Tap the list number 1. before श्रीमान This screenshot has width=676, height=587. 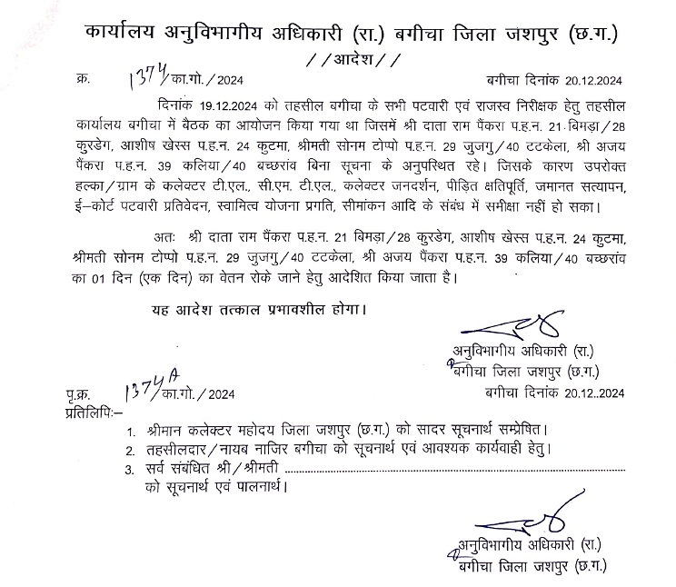tap(134, 430)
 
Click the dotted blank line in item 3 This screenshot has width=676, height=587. tap(454, 468)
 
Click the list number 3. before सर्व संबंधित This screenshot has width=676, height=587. tap(133, 469)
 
